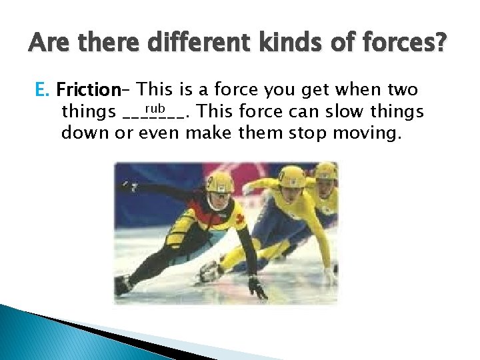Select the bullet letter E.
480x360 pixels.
pos(41,89)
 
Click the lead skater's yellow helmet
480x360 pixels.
pos(219,181)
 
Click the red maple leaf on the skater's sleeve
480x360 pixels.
pos(240,221)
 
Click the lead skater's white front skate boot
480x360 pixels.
pos(211,272)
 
